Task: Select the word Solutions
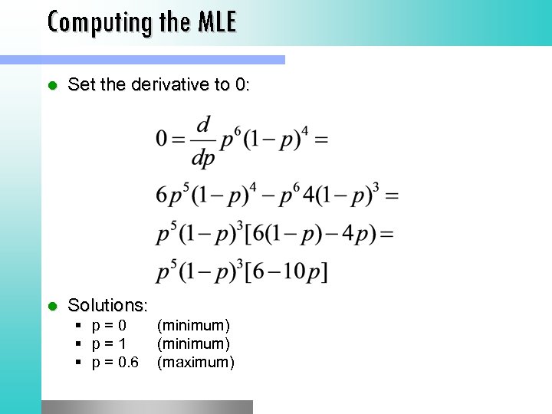point(107,305)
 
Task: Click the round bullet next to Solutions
point(52,306)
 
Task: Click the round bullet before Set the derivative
point(52,85)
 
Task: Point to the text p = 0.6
point(116,362)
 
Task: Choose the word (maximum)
point(195,362)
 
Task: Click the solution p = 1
point(109,344)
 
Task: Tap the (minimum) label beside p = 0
point(193,327)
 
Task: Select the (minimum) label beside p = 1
point(193,344)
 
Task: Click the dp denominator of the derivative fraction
point(203,158)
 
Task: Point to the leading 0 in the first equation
point(162,139)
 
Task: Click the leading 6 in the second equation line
point(162,195)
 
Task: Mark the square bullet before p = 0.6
point(79,363)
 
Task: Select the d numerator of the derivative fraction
point(203,123)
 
